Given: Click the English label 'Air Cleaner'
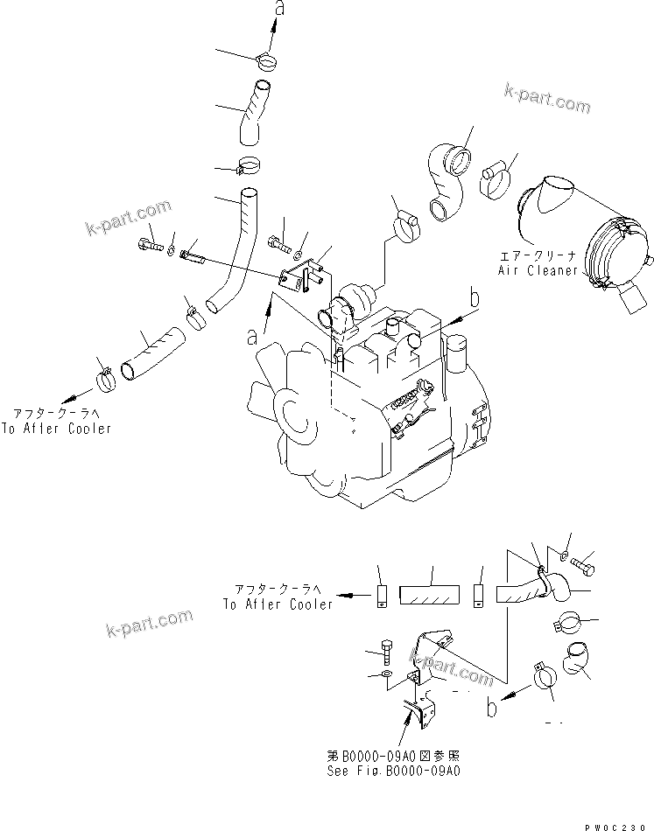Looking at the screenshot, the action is [x=538, y=270].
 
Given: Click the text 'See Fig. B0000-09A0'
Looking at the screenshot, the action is [x=394, y=771].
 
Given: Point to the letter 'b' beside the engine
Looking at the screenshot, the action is [x=475, y=297].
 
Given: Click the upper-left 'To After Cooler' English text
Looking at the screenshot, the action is [x=56, y=429].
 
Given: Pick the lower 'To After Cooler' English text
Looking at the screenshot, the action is [x=278, y=604].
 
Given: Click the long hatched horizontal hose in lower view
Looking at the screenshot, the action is [x=429, y=595].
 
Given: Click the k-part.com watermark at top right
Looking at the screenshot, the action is [x=547, y=99].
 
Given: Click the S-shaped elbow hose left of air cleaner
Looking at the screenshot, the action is [x=447, y=183].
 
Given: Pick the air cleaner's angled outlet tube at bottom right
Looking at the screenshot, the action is [x=634, y=298].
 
